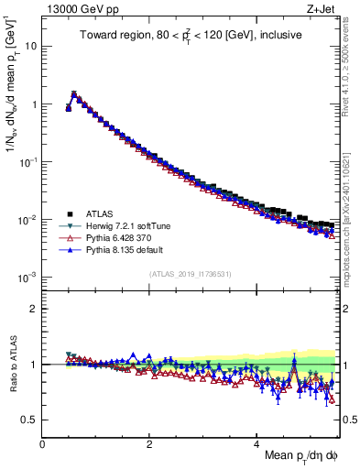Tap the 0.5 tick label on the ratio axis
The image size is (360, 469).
[x=29, y=420]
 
